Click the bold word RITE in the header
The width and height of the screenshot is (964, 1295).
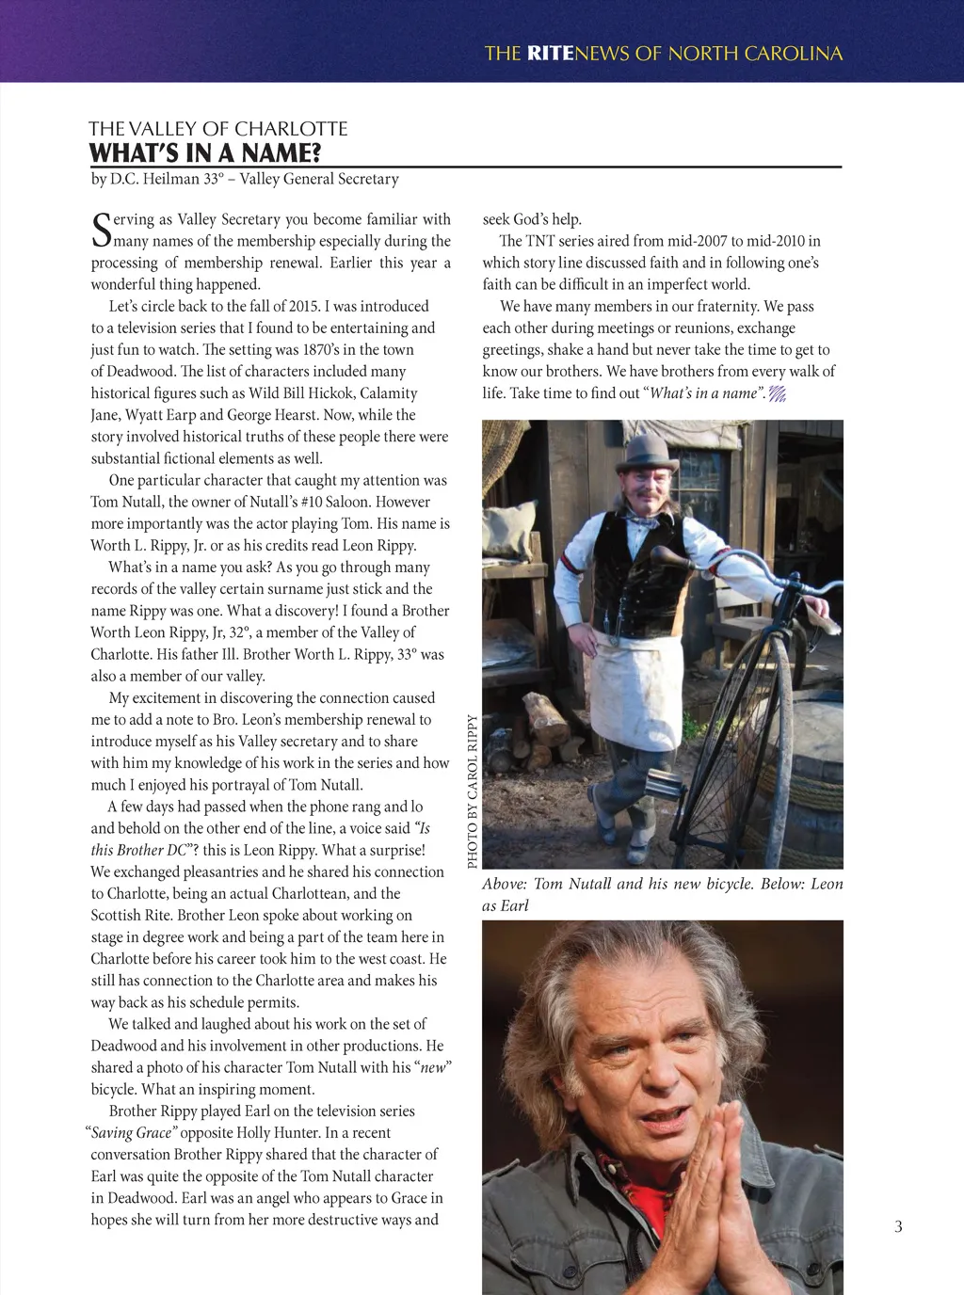click(x=550, y=54)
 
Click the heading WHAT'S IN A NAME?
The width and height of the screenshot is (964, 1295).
click(x=205, y=153)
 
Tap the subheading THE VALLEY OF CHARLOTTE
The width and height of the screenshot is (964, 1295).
click(x=218, y=129)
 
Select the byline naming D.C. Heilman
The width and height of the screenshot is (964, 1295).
click(x=245, y=179)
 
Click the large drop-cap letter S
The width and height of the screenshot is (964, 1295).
click(x=101, y=229)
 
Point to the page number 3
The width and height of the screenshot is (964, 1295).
click(x=898, y=1226)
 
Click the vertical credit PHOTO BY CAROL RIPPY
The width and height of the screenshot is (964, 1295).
click(x=473, y=791)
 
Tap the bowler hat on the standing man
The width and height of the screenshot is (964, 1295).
click(x=651, y=451)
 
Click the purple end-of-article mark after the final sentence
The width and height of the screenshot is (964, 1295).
click(x=778, y=394)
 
